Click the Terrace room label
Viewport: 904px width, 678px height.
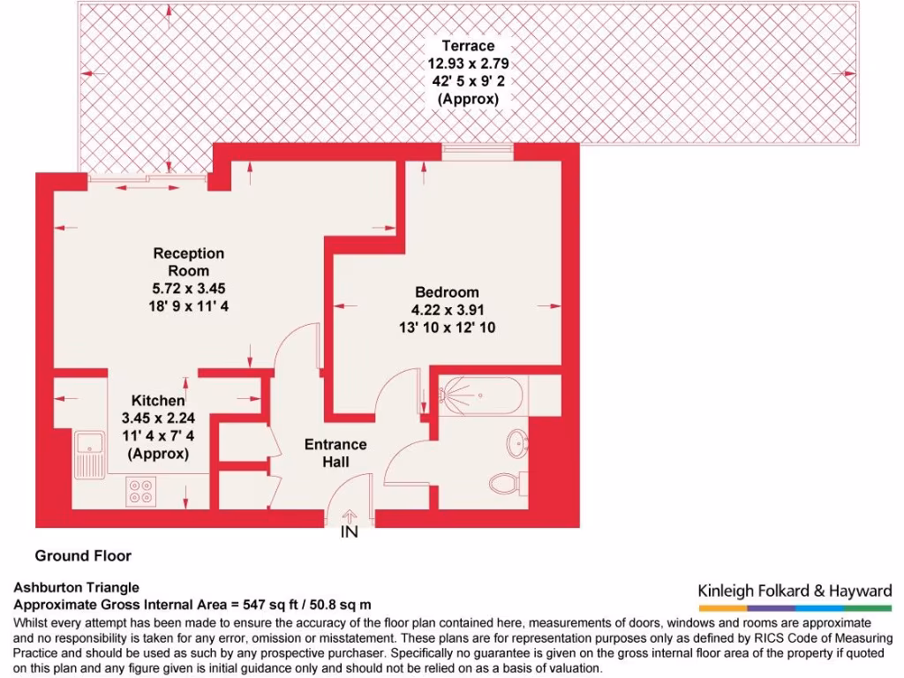tap(468, 45)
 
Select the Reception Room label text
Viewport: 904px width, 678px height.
tap(189, 262)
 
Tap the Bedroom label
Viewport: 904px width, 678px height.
tap(448, 292)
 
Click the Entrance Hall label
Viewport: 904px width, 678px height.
tap(335, 453)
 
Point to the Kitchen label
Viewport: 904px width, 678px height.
tap(159, 401)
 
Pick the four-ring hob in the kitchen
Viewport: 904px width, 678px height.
tap(141, 490)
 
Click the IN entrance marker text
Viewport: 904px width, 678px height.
tap(350, 533)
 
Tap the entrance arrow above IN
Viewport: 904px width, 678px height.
tap(350, 516)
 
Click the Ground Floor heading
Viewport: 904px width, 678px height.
tap(83, 555)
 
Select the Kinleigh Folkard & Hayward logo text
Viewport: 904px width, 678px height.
tap(795, 591)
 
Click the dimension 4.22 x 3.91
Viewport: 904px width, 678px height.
tap(448, 310)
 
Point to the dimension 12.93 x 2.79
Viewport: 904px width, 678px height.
tap(468, 64)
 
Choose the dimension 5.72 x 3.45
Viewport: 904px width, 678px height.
tap(189, 289)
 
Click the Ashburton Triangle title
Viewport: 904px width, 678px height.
tap(77, 587)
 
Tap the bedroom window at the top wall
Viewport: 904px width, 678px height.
tap(478, 152)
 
